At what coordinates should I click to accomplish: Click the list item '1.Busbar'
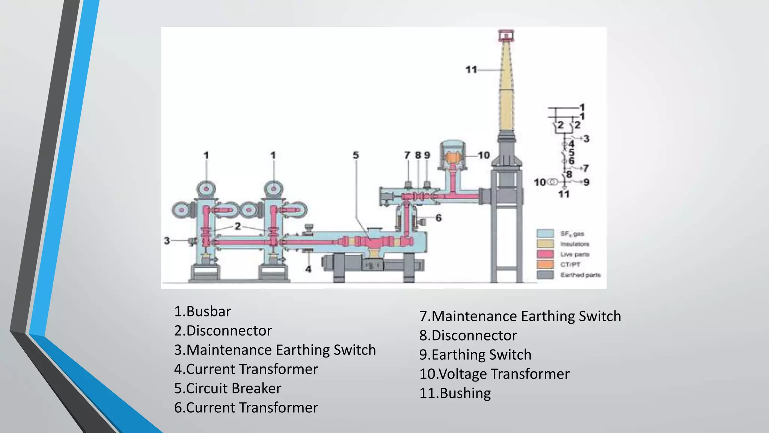[x=202, y=312]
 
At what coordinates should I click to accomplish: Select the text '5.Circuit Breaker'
[x=228, y=388]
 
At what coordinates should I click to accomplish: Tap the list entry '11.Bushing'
[x=455, y=393]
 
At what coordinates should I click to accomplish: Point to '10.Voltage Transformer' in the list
[x=494, y=374]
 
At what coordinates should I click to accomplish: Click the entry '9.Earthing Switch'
[x=475, y=355]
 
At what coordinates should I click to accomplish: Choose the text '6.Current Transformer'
[x=246, y=408]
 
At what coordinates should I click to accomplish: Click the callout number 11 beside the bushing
[x=471, y=70]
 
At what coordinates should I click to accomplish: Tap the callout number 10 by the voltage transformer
[x=484, y=155]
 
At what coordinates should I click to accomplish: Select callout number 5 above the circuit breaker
[x=356, y=155]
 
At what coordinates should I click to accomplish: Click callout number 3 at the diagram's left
[x=167, y=241]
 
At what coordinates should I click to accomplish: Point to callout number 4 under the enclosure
[x=308, y=269]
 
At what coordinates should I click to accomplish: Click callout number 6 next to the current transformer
[x=438, y=218]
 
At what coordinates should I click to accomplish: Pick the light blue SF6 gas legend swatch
[x=545, y=233]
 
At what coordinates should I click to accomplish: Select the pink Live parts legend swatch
[x=545, y=254]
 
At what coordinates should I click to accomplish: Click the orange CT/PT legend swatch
[x=545, y=264]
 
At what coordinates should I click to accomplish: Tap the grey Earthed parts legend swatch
[x=545, y=275]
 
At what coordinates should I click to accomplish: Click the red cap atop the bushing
[x=506, y=35]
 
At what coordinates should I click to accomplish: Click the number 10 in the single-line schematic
[x=540, y=182]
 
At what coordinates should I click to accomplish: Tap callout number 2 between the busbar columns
[x=238, y=226]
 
